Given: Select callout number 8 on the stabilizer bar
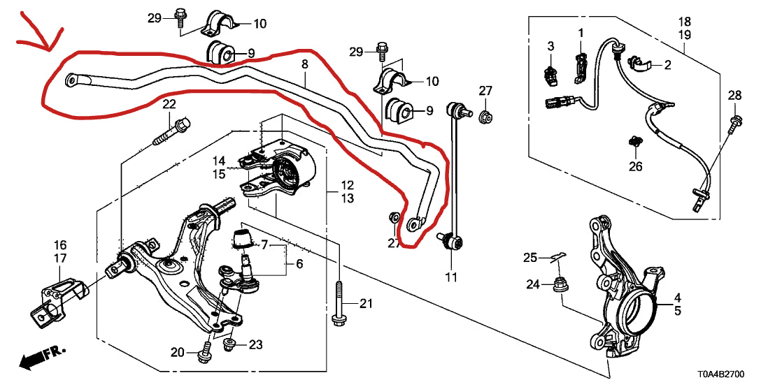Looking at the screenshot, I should [304, 64].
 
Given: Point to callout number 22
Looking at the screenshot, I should [169, 105].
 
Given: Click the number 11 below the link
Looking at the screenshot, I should [450, 277].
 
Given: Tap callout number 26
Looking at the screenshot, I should [635, 166].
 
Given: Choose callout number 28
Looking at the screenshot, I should [734, 95].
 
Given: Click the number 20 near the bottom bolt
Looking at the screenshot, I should [178, 351].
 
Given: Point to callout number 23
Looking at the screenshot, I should [255, 344].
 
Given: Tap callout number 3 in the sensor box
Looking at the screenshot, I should [550, 46].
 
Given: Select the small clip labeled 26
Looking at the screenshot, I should [635, 143].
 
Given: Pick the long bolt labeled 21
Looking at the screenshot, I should [338, 304].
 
